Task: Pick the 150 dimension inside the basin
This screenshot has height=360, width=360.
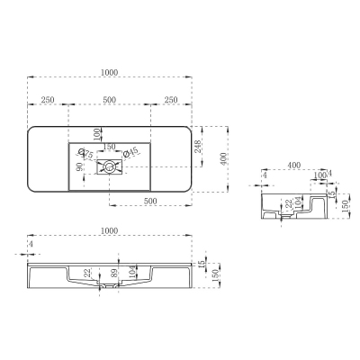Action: tap(108, 147)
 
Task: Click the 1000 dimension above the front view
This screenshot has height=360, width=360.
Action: tap(110, 231)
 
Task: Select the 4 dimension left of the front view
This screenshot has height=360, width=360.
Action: tap(31, 244)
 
